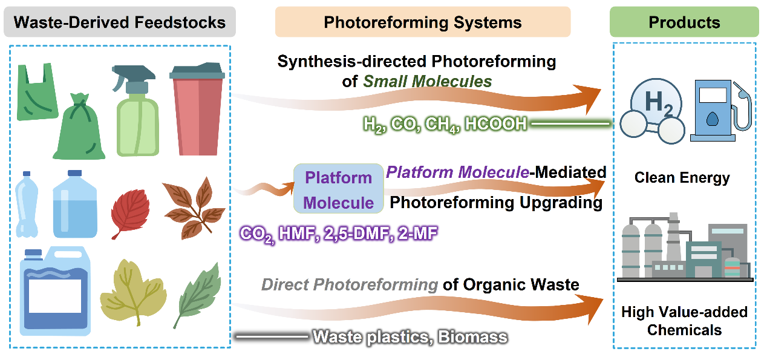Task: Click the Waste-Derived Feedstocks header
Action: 120,22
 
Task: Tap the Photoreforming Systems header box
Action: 423,22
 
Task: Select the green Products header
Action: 684,22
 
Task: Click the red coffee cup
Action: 197,109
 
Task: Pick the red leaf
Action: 130,213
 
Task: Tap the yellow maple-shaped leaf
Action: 133,292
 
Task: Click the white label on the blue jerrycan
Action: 55,296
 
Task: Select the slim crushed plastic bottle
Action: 27,204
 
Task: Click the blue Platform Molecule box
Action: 338,188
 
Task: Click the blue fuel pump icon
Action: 720,110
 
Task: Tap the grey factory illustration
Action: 685,247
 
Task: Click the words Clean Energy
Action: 682,177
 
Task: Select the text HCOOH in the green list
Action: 496,124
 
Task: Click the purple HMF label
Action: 296,234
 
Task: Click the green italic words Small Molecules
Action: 427,82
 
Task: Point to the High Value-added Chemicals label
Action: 685,321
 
